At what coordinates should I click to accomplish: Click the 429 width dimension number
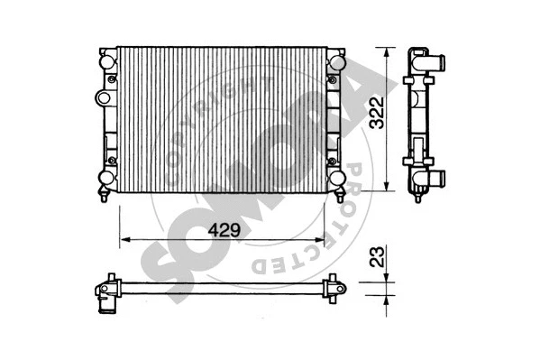tap(224, 230)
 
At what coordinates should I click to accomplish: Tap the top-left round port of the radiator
tap(107, 61)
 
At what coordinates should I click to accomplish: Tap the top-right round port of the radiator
tap(335, 61)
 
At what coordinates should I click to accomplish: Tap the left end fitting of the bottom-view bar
tap(109, 289)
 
